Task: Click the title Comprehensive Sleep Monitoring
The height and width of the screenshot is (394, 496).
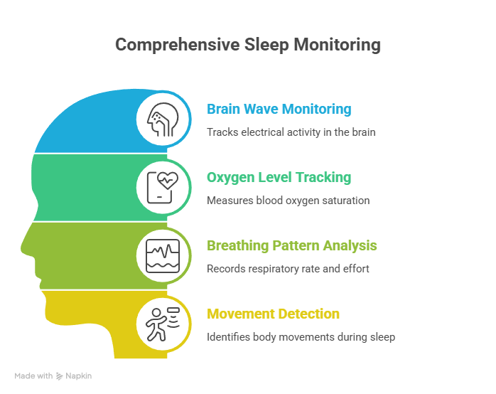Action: [247, 45]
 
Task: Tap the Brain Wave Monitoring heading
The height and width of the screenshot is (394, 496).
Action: [279, 110]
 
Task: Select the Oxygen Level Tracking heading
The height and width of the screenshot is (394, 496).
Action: [279, 177]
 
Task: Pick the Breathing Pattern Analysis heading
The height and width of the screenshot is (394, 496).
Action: [291, 245]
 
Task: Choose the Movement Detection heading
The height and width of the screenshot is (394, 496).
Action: [273, 314]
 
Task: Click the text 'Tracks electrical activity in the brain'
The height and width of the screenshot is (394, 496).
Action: [291, 132]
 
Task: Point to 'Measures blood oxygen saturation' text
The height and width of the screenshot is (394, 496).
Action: [288, 201]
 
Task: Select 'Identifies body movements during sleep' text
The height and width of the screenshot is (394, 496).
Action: [301, 337]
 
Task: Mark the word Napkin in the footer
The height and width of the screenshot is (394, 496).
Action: [80, 376]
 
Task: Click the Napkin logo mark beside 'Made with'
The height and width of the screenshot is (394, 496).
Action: [60, 376]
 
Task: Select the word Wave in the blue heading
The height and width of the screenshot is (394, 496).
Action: [261, 110]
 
